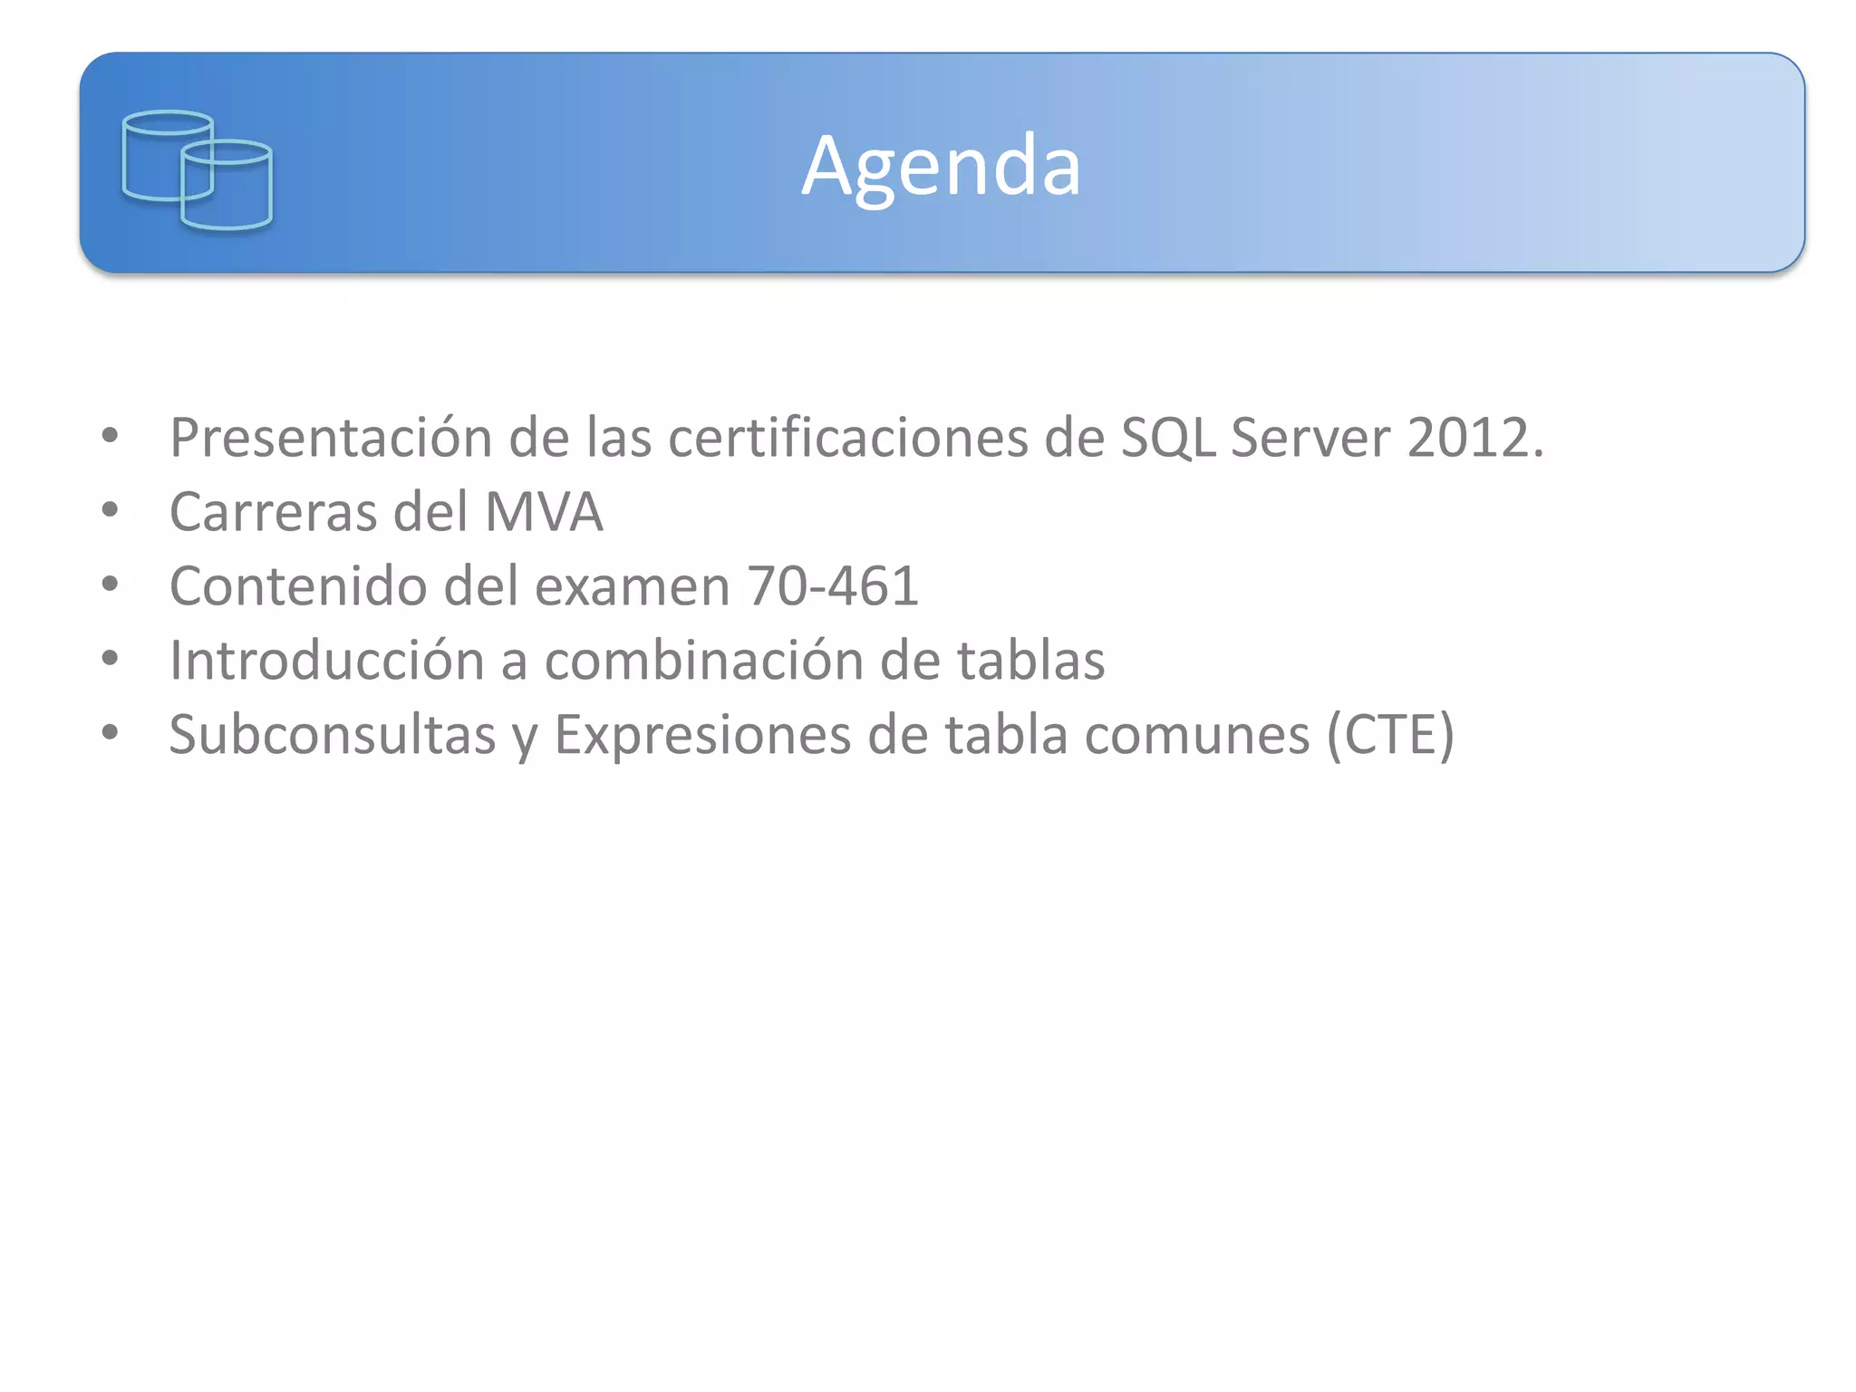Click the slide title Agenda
[x=942, y=166]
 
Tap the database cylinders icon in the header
[x=198, y=169]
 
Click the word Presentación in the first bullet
[x=330, y=438]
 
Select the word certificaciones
[x=847, y=438]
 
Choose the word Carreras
[x=273, y=512]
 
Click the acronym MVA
[x=544, y=512]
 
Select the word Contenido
[x=297, y=586]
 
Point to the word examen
[x=632, y=586]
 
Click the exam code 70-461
[x=833, y=586]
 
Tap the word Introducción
[x=327, y=661]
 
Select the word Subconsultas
[x=332, y=734]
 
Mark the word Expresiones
[x=702, y=734]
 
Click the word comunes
[x=1197, y=734]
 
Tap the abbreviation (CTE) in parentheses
[x=1391, y=734]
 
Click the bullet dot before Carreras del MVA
[x=111, y=510]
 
